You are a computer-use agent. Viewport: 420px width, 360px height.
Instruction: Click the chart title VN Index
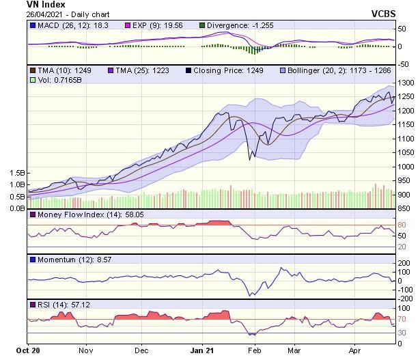point(46,4)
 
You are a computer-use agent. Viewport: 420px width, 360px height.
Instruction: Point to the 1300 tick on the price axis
point(407,82)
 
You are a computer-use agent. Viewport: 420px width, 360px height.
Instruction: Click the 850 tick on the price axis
point(405,208)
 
